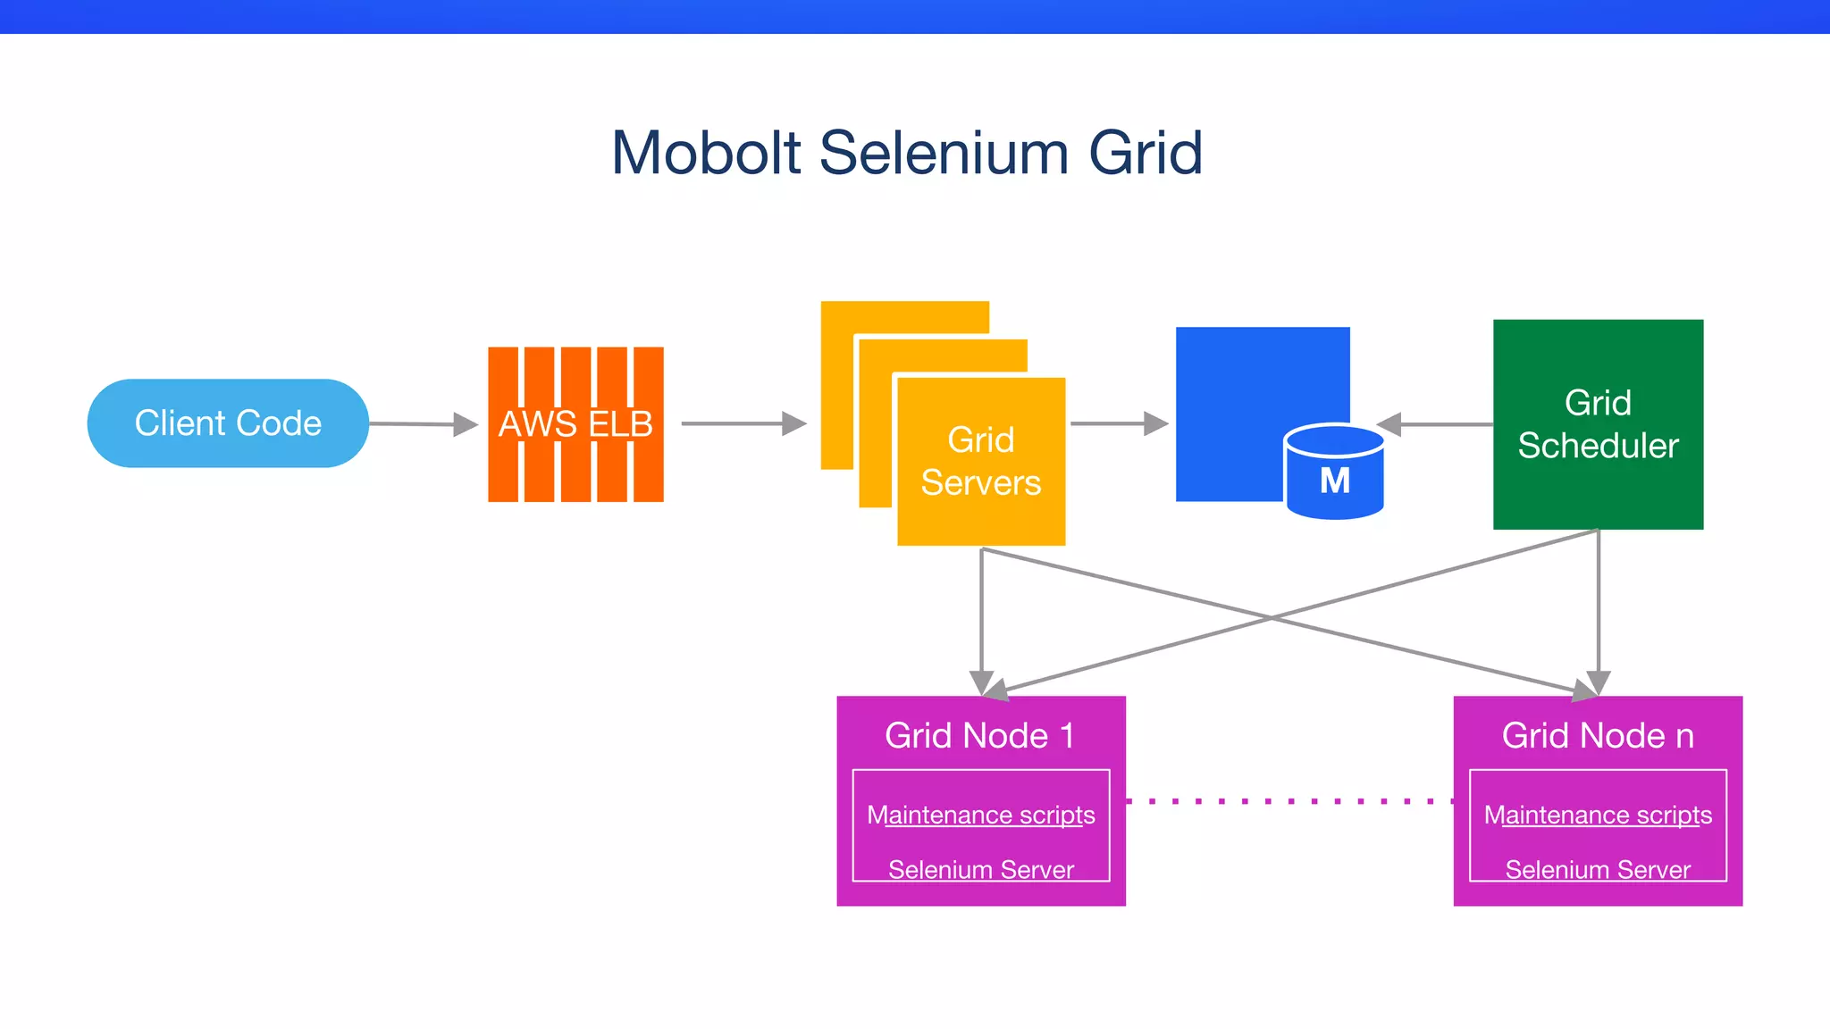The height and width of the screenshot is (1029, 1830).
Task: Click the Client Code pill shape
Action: (228, 422)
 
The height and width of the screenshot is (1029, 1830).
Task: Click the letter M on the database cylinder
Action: (1335, 481)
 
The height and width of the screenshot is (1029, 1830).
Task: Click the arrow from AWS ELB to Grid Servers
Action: (742, 423)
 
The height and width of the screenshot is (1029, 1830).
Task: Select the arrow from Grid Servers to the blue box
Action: (1117, 423)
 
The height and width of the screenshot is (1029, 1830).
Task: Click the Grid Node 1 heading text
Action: (980, 736)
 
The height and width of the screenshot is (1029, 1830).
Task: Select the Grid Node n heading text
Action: (1598, 736)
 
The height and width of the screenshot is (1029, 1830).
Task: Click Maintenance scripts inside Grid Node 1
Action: (980, 815)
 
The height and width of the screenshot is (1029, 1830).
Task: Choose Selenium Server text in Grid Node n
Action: (1598, 869)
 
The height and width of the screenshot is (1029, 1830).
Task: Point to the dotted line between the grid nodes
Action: (1289, 801)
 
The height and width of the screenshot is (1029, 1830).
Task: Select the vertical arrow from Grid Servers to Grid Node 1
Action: (981, 616)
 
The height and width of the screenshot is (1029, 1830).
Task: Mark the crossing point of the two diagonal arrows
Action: (1272, 617)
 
